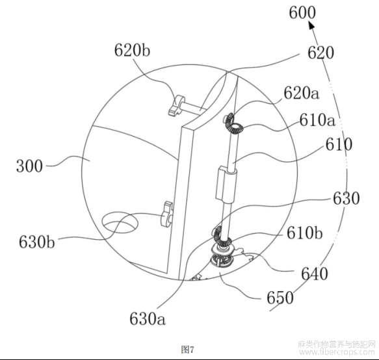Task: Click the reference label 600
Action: [x=302, y=12]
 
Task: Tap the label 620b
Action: [x=132, y=51]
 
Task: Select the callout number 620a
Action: [x=302, y=94]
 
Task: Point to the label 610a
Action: [x=317, y=120]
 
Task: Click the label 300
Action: [x=29, y=166]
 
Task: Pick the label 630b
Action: [x=37, y=242]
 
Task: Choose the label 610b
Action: [x=304, y=233]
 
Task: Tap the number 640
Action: [x=315, y=274]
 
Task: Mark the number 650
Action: [x=280, y=298]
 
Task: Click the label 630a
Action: [x=148, y=318]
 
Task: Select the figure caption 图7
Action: [x=187, y=350]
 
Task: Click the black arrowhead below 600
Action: [x=311, y=25]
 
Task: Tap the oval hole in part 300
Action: [x=120, y=222]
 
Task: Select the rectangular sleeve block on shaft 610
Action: [x=226, y=183]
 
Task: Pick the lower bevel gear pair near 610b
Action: [x=221, y=236]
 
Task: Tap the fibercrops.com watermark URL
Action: [x=337, y=352]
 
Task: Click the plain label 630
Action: [x=346, y=199]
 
